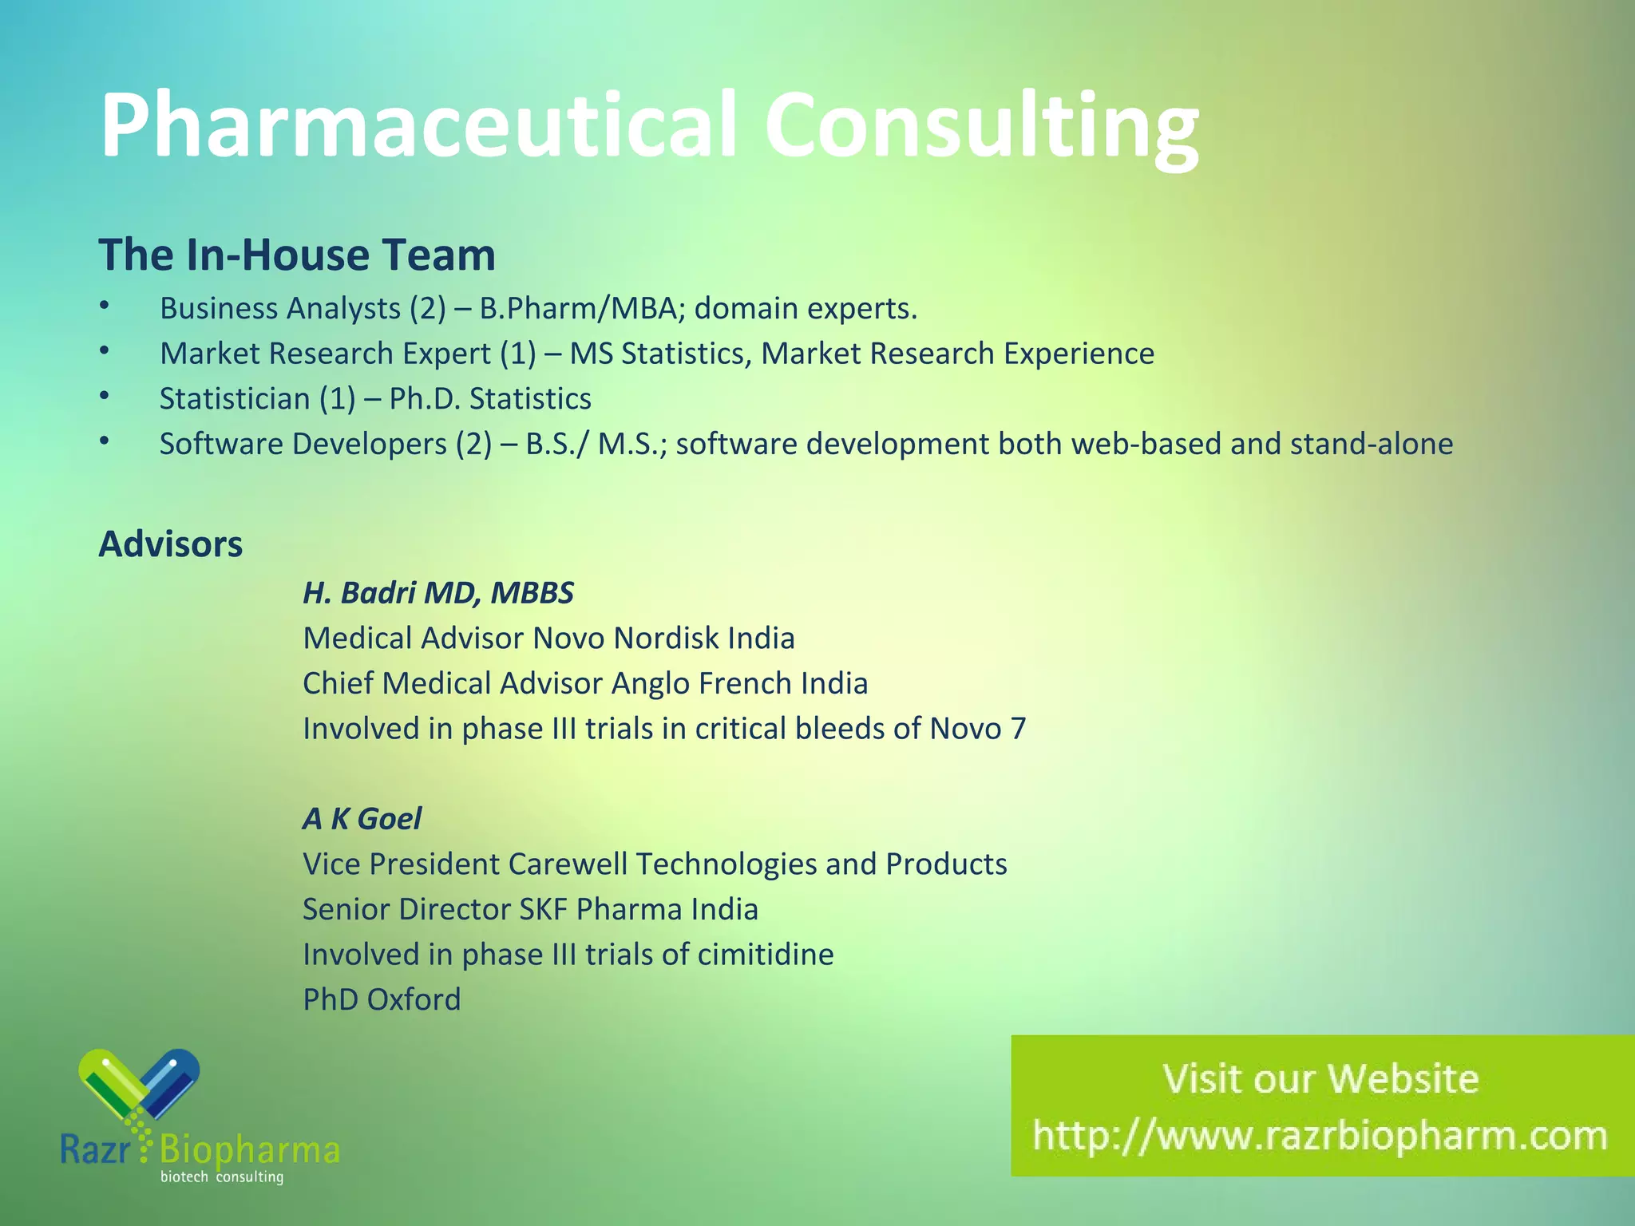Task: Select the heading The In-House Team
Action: pos(297,255)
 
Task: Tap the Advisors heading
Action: pos(171,544)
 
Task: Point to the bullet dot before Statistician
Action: pos(105,396)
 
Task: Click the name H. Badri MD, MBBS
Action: pos(438,593)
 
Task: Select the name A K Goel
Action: pos(362,819)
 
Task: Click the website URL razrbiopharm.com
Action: pos(1320,1136)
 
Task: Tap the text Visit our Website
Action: pos(1320,1078)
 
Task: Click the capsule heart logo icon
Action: pos(139,1086)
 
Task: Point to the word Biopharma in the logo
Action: pos(250,1150)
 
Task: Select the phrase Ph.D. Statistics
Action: pos(490,399)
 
